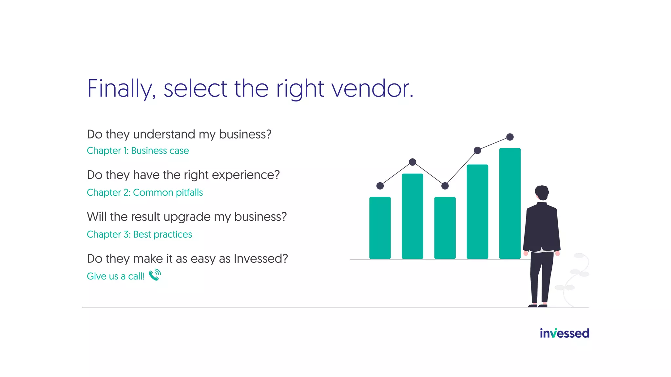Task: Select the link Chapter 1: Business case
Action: coord(138,151)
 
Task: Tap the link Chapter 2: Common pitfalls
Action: coord(144,192)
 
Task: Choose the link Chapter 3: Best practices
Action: coord(139,234)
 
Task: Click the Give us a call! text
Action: coord(115,276)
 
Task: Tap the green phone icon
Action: coord(155,275)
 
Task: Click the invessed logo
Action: coord(564,333)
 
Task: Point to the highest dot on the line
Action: coord(510,137)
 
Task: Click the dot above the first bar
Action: coord(380,186)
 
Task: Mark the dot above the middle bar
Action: coord(445,186)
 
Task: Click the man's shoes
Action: coord(538,306)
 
